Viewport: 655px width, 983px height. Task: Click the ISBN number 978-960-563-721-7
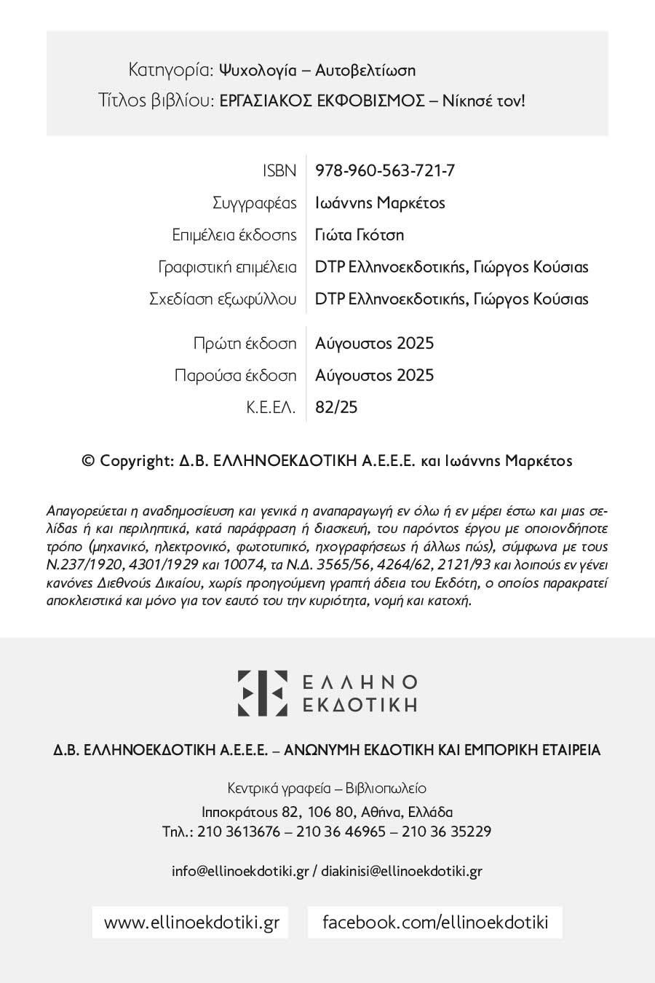tap(385, 170)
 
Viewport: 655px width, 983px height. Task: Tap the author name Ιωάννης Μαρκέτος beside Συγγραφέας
tap(380, 202)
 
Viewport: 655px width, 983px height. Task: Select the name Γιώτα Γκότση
tap(360, 234)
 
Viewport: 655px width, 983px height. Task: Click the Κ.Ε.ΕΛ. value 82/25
tap(336, 407)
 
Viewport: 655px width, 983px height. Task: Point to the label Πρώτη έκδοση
tap(245, 343)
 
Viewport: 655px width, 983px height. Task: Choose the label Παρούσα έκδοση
tap(236, 375)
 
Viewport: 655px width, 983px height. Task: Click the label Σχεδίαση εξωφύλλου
tap(223, 299)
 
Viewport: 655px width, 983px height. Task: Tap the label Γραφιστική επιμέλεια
tap(228, 267)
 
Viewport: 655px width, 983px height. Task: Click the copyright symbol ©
tap(89, 460)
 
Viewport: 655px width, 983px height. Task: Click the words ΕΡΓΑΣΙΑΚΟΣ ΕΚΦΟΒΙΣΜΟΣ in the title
tap(322, 100)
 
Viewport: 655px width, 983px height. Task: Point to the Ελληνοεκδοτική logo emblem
tap(262, 692)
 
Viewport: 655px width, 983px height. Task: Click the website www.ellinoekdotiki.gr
tap(191, 922)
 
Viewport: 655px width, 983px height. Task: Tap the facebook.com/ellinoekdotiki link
tap(435, 922)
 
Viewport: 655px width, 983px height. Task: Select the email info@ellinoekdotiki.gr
tap(241, 871)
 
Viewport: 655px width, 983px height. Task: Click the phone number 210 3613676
tap(239, 832)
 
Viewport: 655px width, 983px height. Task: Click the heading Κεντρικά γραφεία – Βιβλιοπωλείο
tap(327, 788)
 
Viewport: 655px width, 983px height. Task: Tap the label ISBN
tap(279, 170)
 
